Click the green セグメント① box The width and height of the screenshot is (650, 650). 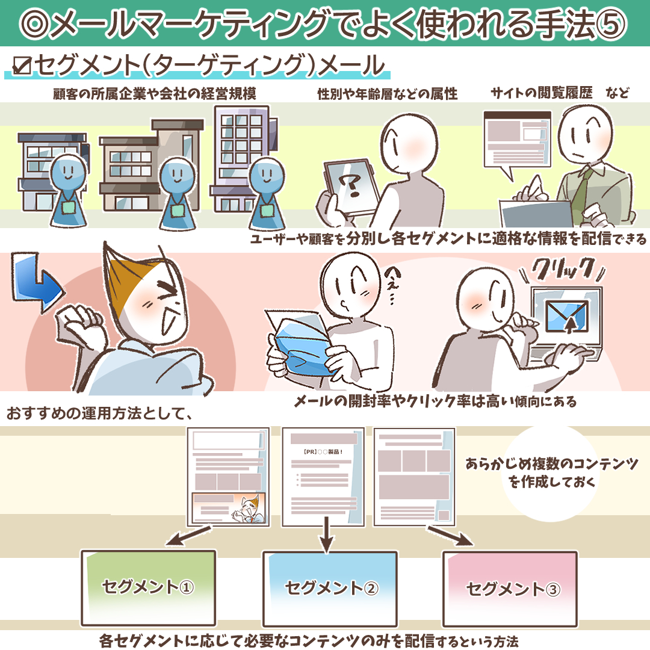pyautogui.click(x=149, y=588)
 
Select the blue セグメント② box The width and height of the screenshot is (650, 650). pyautogui.click(x=330, y=589)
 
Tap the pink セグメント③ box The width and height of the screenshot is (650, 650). pyautogui.click(x=510, y=589)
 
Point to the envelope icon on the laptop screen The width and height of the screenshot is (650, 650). pyautogui.click(x=567, y=316)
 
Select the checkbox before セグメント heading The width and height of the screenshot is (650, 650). pyautogui.click(x=22, y=66)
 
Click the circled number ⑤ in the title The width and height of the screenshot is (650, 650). pyautogui.click(x=611, y=23)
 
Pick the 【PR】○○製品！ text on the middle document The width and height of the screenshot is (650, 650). pyautogui.click(x=323, y=451)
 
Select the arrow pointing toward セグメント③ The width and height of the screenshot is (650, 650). pyautogui.click(x=450, y=536)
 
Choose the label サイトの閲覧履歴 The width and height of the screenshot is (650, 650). pyautogui.click(x=542, y=93)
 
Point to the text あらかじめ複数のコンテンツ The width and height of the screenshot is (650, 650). pyautogui.click(x=551, y=463)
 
